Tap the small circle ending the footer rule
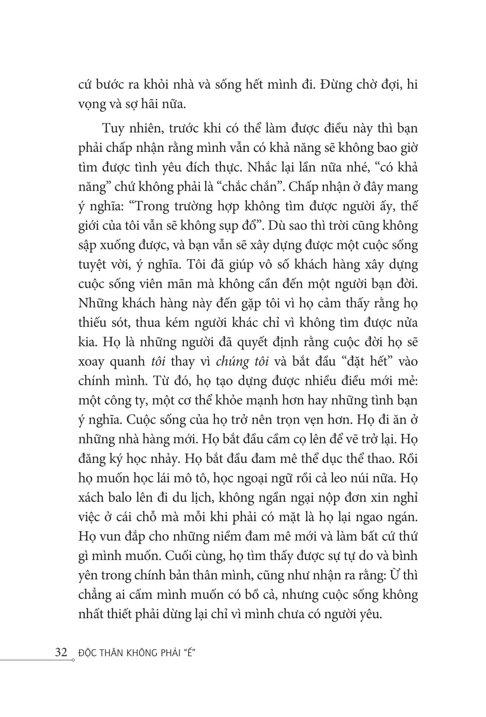pyautogui.click(x=73, y=660)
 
